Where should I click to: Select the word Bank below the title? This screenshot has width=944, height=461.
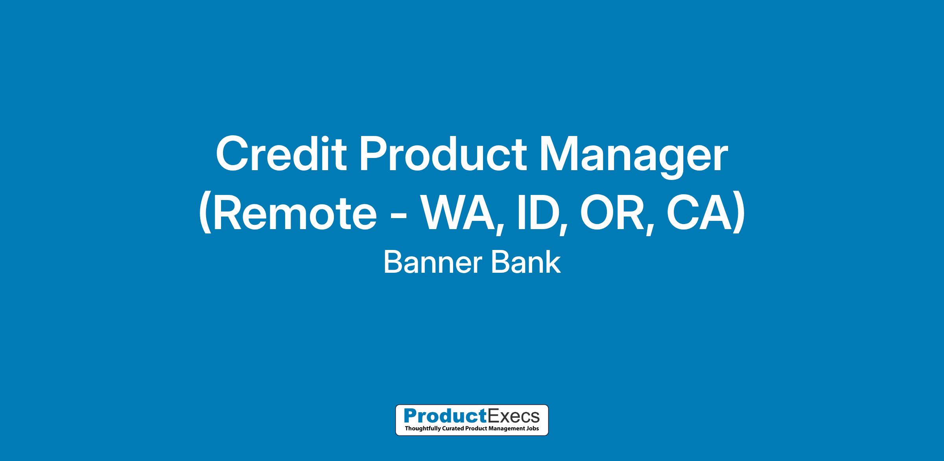pos(525,263)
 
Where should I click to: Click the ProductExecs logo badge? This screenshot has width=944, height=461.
pos(472,420)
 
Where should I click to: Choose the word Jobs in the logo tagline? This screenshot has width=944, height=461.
pos(532,428)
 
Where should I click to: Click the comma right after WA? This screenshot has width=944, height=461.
pos(500,230)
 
